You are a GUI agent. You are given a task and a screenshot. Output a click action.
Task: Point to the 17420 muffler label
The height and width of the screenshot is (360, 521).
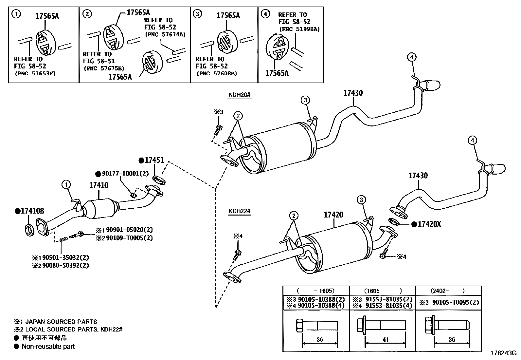coord(333,215)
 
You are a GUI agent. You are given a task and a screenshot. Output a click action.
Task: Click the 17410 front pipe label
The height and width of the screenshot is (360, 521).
coord(99,185)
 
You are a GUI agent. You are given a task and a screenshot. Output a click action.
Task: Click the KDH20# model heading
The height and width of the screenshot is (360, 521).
coord(239,95)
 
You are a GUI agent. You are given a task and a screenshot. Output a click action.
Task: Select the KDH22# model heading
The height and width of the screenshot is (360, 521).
coord(239,211)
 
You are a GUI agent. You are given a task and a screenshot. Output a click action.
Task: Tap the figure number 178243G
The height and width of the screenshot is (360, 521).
coord(503,353)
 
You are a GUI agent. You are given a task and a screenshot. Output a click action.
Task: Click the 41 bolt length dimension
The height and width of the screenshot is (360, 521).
coord(385,340)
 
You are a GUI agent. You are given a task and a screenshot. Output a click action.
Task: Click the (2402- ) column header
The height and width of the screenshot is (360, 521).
coord(448,291)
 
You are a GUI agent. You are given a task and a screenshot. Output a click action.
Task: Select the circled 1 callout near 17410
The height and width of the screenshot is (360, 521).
coord(66,185)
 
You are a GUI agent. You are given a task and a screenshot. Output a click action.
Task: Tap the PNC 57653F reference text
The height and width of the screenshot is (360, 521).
coord(35,73)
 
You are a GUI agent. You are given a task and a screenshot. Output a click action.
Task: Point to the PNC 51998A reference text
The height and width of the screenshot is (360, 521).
coord(299,29)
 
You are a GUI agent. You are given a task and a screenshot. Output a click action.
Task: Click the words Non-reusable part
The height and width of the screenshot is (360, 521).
coord(48,347)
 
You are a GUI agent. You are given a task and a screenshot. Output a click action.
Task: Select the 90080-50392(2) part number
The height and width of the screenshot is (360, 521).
coord(65,265)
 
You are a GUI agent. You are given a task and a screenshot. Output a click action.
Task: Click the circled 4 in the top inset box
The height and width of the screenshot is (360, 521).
coord(266,14)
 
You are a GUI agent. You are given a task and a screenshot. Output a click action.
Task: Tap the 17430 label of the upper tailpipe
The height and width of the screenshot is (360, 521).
coord(353,93)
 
